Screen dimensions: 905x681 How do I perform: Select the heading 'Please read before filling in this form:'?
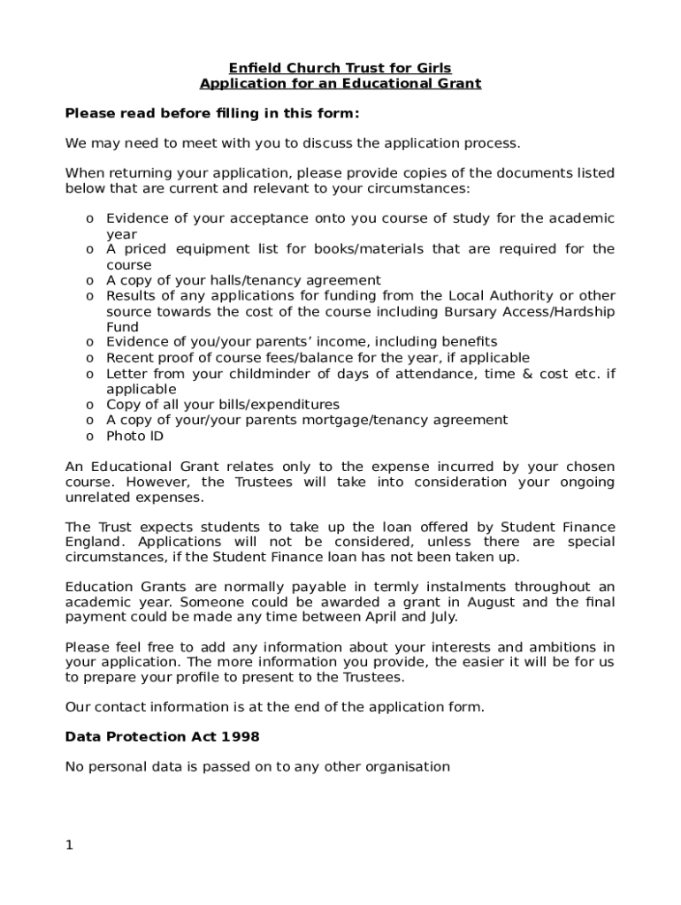212,113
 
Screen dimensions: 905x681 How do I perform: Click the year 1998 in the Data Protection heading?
241,736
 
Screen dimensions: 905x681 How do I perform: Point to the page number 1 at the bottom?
69,845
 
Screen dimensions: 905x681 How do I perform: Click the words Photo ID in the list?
134,436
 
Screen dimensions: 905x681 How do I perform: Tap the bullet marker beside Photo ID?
90,437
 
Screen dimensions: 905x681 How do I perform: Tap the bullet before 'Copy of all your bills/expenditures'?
90,406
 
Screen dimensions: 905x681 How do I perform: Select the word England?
94,541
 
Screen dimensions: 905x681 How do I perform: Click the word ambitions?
561,647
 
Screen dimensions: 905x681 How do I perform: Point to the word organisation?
409,766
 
